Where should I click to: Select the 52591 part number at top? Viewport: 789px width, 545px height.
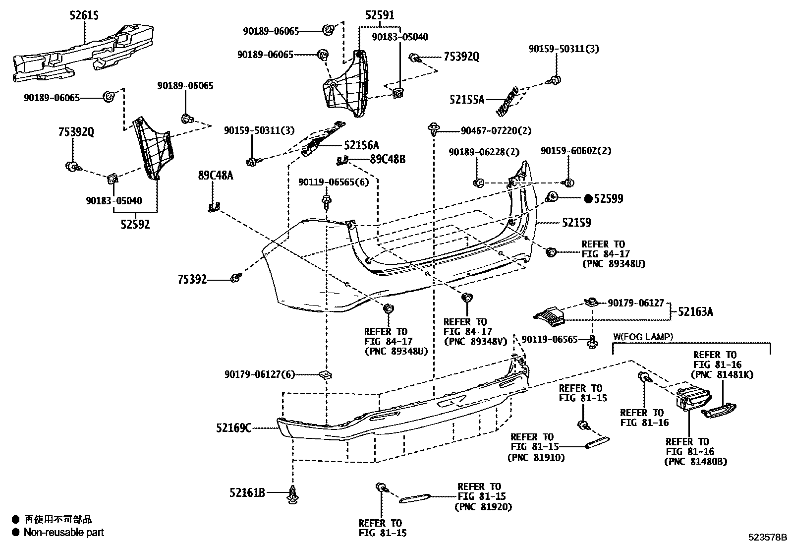(x=380, y=15)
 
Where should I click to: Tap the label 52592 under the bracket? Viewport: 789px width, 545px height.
(x=135, y=224)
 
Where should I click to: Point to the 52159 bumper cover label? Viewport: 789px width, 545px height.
(x=576, y=223)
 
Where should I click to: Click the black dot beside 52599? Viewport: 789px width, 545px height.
(x=588, y=199)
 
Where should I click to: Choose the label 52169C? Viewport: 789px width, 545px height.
(x=233, y=427)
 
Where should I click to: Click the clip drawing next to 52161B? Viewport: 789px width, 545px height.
(x=293, y=494)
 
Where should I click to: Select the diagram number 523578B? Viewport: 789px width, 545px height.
(x=767, y=537)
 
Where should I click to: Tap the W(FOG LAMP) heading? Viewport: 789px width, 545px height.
(x=643, y=337)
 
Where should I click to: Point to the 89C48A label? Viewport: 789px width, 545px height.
(x=215, y=175)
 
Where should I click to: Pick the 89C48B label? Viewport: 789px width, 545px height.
(x=388, y=159)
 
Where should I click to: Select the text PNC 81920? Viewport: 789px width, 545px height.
(x=483, y=507)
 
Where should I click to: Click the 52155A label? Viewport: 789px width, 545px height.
(x=467, y=100)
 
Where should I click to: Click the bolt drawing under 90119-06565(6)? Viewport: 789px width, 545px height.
(x=327, y=201)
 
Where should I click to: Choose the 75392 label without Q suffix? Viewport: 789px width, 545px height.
(x=192, y=280)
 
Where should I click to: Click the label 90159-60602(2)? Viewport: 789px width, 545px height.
(x=575, y=150)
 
